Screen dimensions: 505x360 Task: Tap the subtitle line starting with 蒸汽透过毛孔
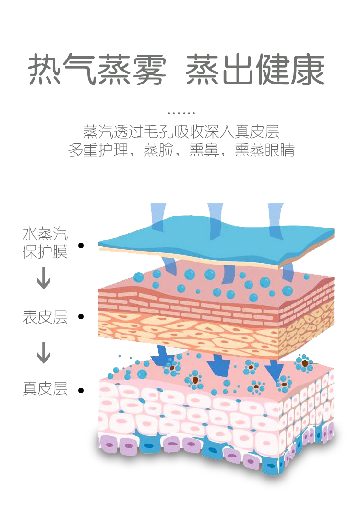pyautogui.click(x=181, y=132)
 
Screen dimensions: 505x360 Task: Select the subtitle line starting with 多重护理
pyautogui.click(x=181, y=150)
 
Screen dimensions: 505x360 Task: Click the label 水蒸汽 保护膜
pyautogui.click(x=45, y=243)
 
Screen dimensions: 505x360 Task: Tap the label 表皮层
pyautogui.click(x=45, y=317)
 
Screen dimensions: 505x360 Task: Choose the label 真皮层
pyautogui.click(x=45, y=389)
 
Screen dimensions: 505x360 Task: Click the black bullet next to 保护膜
pyautogui.click(x=81, y=246)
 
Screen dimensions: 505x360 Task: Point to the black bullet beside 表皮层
pyautogui.click(x=81, y=317)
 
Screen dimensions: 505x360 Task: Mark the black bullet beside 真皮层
pyautogui.click(x=81, y=390)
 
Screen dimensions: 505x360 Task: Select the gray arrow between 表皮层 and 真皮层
pyautogui.click(x=44, y=352)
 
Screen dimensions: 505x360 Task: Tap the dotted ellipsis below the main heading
pyautogui.click(x=181, y=113)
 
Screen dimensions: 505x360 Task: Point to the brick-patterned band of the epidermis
pyautogui.click(x=192, y=307)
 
